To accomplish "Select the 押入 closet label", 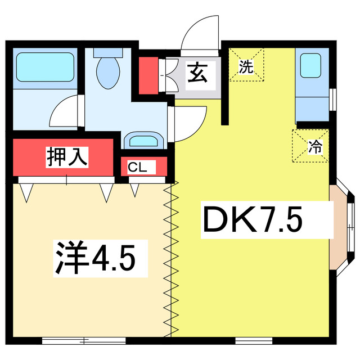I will tap(67, 156).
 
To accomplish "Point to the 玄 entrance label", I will tap(196, 73).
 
